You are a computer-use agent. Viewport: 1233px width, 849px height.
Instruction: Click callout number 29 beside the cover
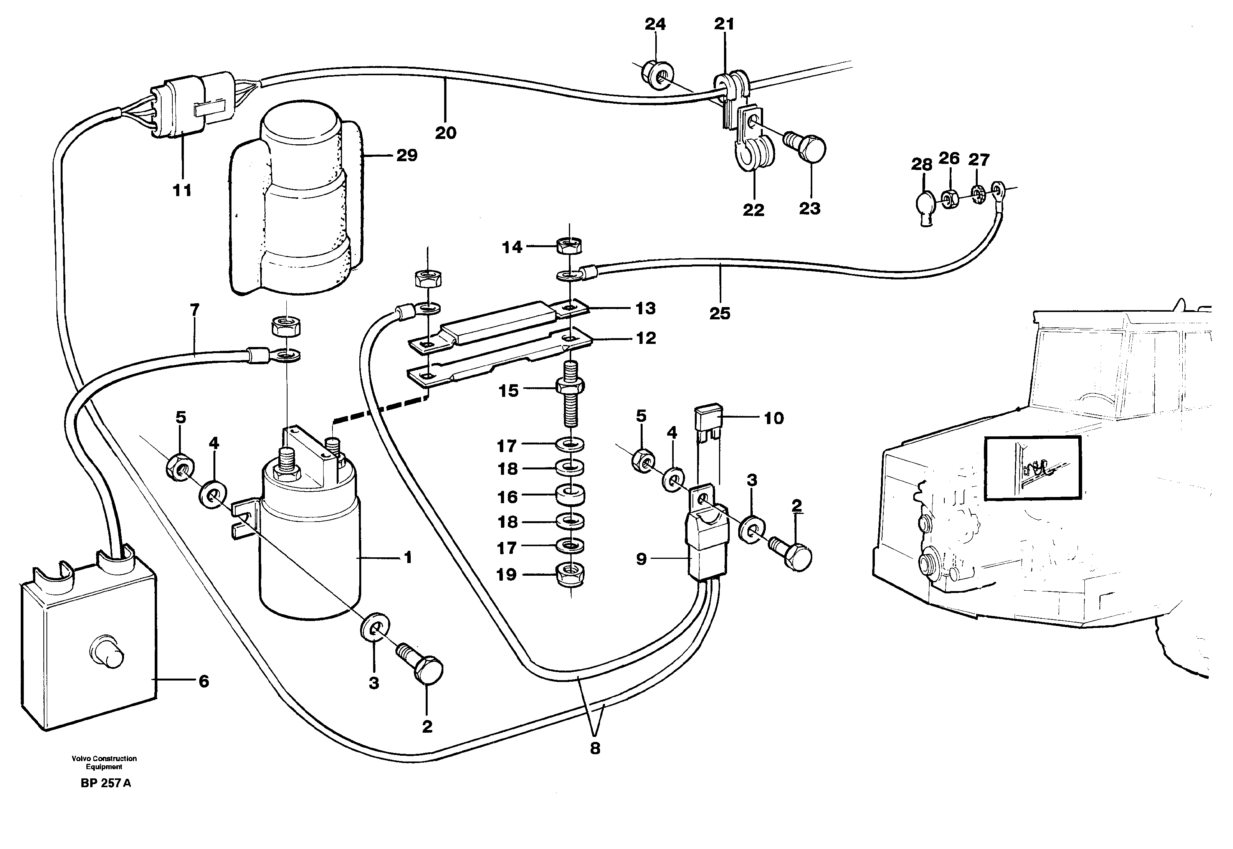pos(407,155)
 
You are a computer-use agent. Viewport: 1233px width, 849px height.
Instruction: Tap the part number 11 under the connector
pos(182,190)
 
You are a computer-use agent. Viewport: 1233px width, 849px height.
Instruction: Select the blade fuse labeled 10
pos(708,421)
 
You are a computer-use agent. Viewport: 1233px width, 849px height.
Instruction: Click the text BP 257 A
pos(106,783)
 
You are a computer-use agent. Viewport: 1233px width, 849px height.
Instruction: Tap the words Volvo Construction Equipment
pos(104,762)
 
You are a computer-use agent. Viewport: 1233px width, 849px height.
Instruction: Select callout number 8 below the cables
pos(595,748)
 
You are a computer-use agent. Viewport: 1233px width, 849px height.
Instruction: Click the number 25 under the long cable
pos(720,313)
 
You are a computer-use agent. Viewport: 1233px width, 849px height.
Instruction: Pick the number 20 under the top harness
pos(445,132)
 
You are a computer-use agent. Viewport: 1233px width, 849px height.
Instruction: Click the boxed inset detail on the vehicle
pos(1033,468)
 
